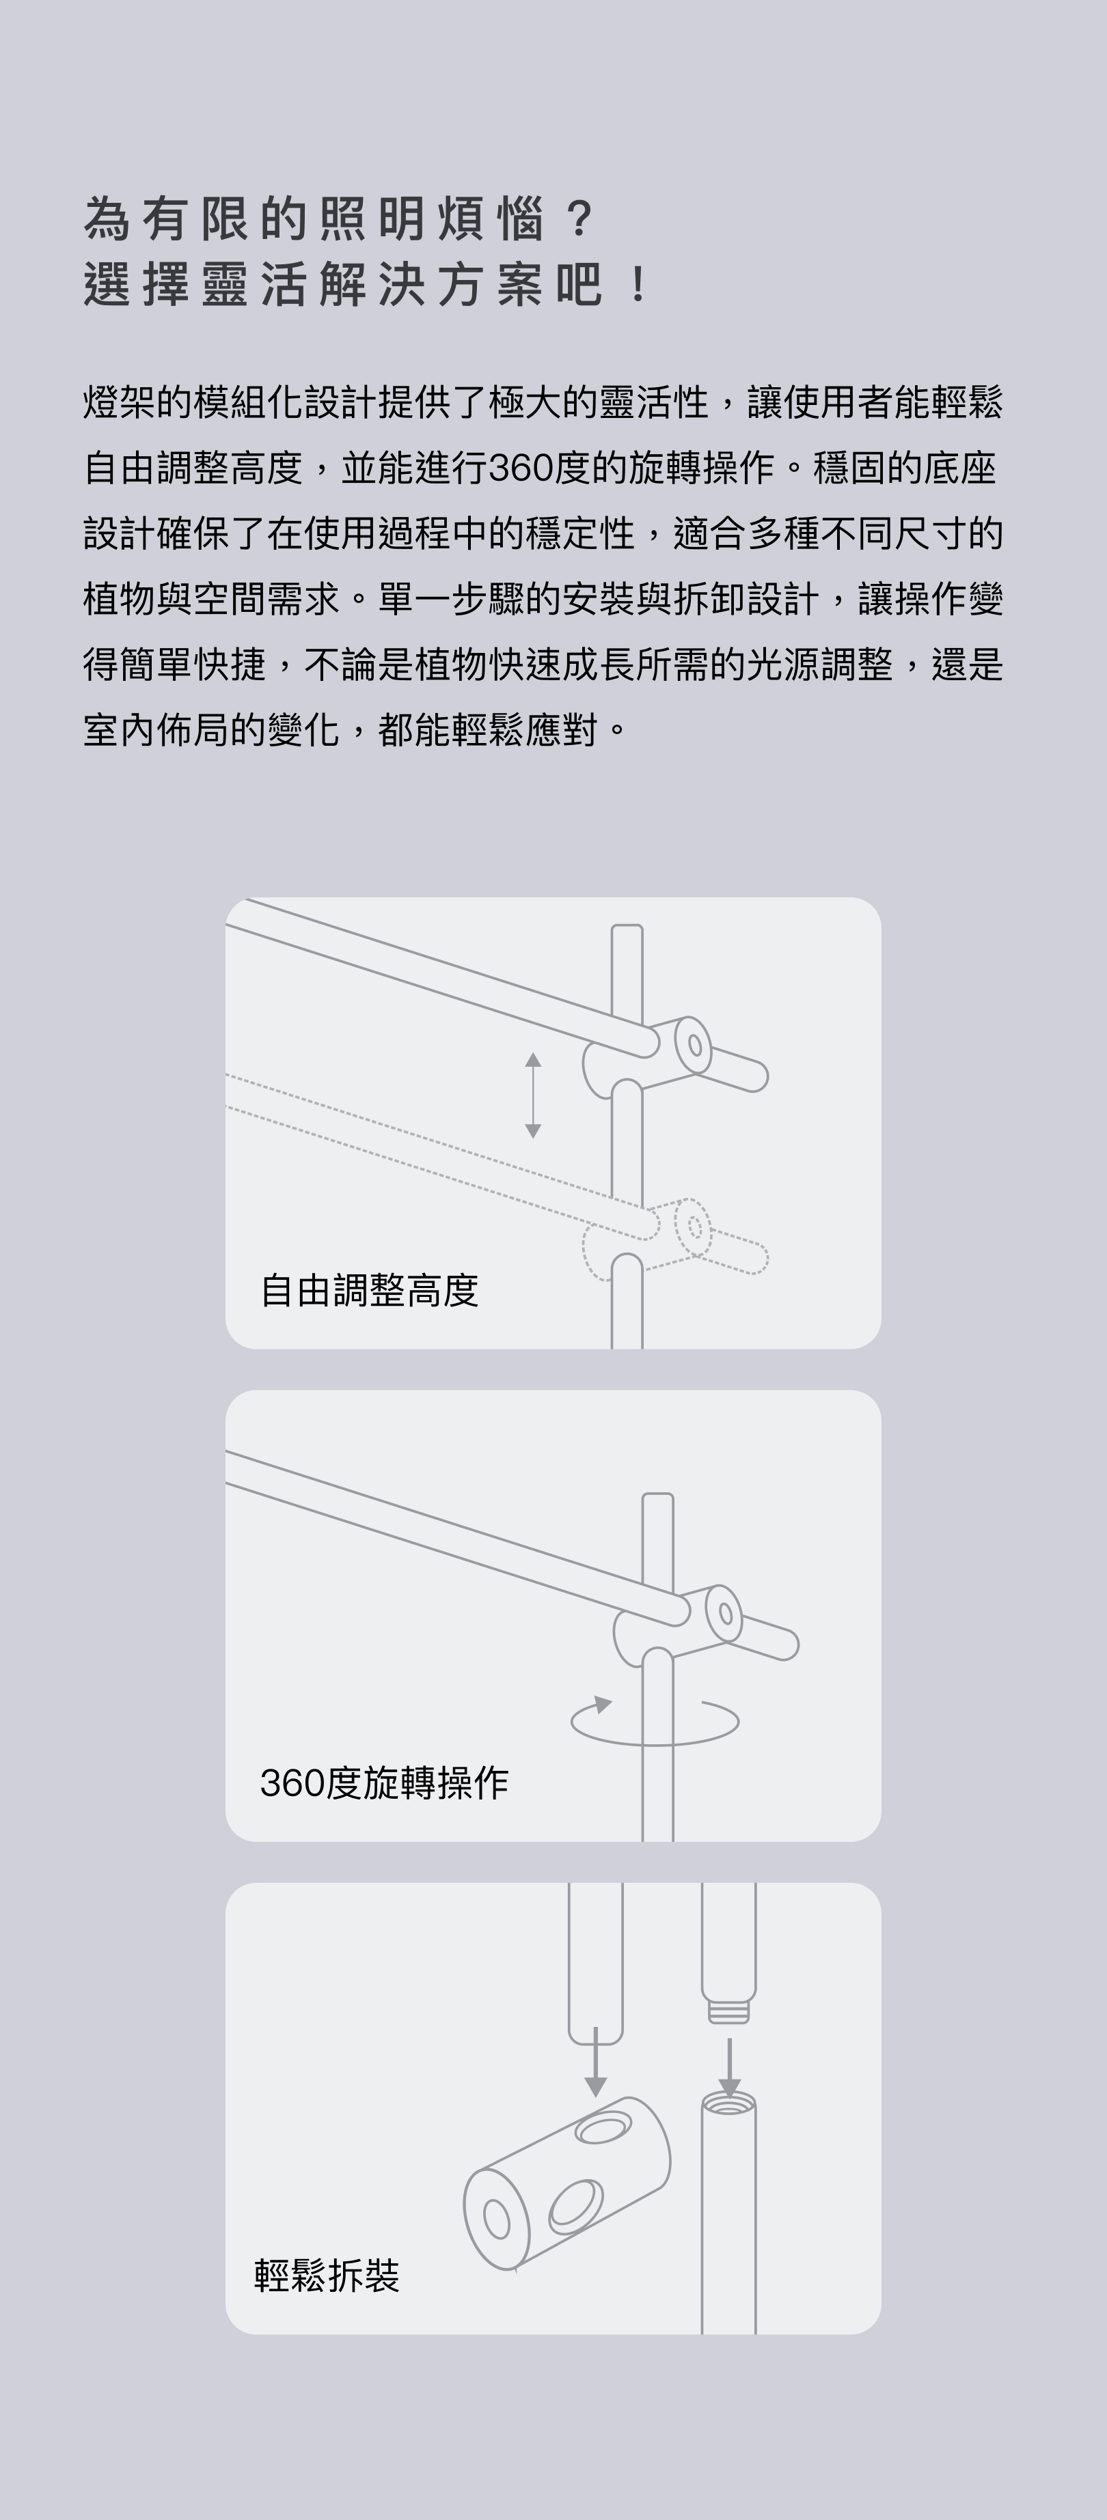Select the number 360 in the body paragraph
tap(520, 468)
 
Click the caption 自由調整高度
tap(369, 1290)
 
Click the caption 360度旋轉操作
tap(383, 1783)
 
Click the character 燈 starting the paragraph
tap(101, 402)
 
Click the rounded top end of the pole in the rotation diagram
tap(658, 1500)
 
